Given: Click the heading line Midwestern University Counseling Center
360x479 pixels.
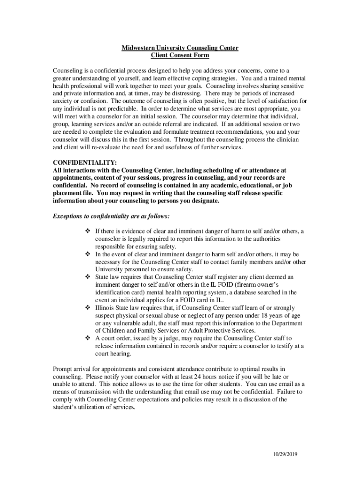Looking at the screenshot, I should [180, 48].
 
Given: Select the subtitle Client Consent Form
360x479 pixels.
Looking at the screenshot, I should [180, 55].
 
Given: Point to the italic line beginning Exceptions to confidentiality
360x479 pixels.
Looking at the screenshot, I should [111, 217].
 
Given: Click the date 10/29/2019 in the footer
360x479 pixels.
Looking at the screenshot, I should [286, 454].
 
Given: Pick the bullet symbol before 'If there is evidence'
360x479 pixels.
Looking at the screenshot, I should [87, 231].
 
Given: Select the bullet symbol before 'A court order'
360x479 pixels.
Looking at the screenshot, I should [87, 338].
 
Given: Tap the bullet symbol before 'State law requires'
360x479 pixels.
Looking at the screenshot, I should [87, 277].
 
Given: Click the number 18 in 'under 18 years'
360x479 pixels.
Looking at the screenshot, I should [265, 315].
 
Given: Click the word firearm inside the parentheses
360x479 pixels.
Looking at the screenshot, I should [245, 285].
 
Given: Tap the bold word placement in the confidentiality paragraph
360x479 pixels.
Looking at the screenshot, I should [68, 193].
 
